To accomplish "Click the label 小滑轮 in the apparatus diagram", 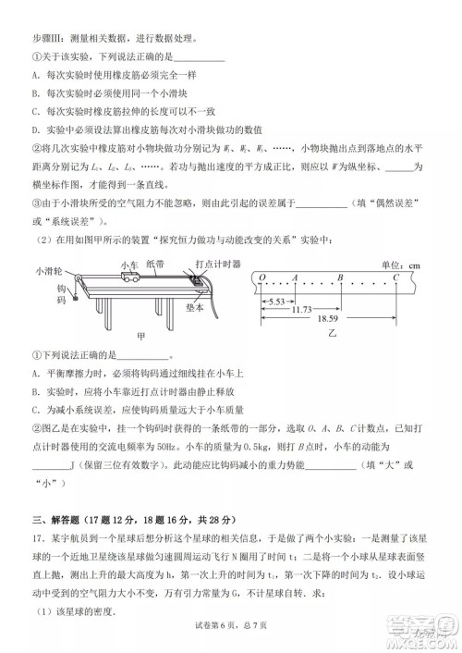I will [49, 271].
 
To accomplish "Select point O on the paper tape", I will [262, 277].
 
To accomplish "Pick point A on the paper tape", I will [295, 277].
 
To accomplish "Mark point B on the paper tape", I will [341, 277].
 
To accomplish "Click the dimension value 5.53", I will [277, 302].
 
